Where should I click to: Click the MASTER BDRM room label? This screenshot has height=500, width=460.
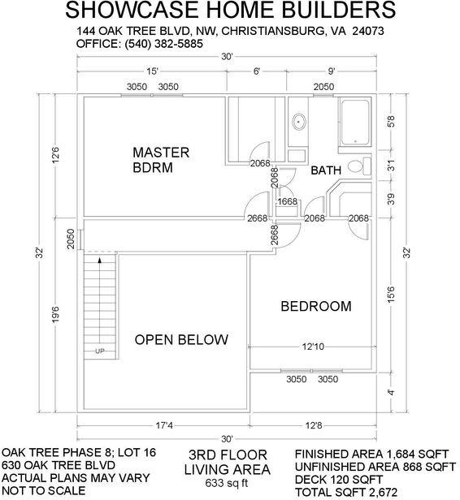coord(161,160)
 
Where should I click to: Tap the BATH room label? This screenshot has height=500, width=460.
coord(325,170)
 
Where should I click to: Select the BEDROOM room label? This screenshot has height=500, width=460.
coord(316,306)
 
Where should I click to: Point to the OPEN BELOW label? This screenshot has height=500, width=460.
coord(181,339)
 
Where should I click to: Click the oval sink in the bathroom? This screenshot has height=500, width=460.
coord(297,123)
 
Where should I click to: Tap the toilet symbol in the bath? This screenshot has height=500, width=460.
coord(354,166)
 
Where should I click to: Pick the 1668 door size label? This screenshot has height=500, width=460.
coord(287,202)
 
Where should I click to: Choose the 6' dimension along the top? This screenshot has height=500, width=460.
coord(257,71)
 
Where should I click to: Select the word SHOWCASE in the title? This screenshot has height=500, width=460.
coord(127,11)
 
